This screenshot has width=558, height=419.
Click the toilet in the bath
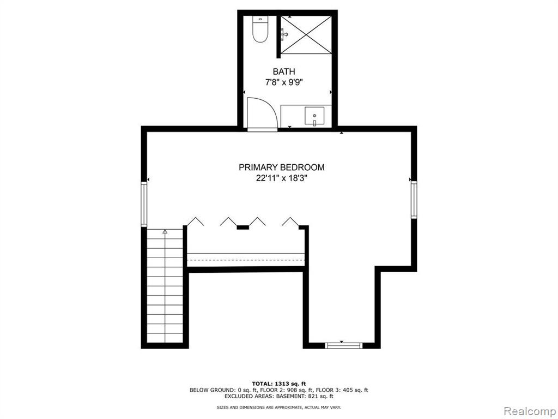pos(260,29)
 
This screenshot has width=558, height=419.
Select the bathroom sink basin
pos(314,116)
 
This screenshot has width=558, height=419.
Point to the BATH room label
pos(284,71)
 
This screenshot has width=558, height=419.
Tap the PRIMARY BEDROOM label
pos(282,167)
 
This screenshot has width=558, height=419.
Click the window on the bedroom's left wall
pos(144,204)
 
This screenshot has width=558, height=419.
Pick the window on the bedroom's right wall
pos(414,200)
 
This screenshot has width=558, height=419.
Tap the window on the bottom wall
pos(344,345)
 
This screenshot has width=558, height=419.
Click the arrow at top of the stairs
pos(165,232)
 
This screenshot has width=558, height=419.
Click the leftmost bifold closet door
pos(196,221)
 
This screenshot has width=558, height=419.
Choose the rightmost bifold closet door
pos(290,221)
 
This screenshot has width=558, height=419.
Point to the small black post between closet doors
pos(242,227)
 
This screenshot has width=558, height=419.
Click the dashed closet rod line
pos(246,260)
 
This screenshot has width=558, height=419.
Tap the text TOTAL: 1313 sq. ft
pos(279,384)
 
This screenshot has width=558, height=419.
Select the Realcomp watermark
pos(529,411)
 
